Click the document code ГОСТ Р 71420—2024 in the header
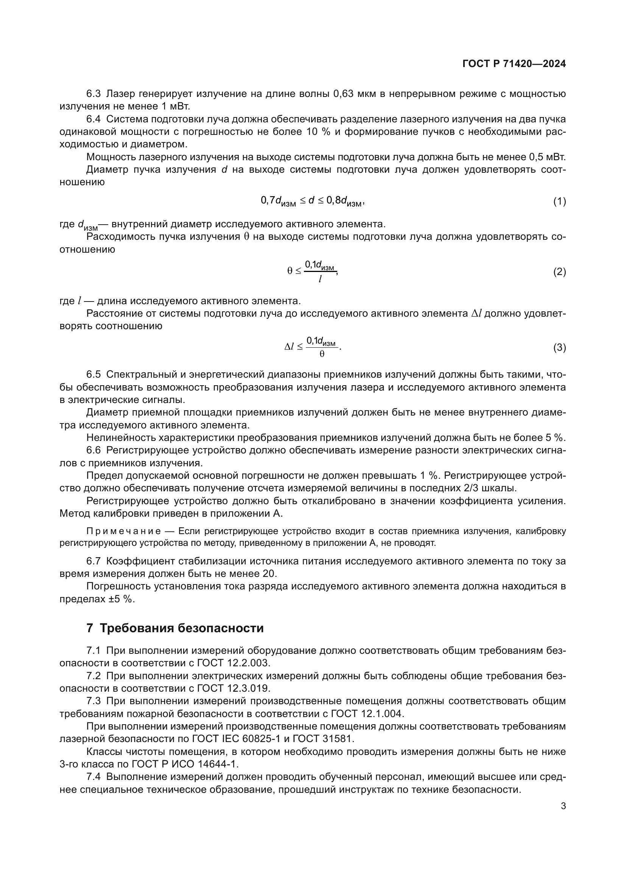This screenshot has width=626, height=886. click(514, 64)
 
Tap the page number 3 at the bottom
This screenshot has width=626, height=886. click(563, 806)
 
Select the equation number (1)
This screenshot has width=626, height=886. click(559, 201)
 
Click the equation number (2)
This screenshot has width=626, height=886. click(559, 272)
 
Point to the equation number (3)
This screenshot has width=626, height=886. click(559, 347)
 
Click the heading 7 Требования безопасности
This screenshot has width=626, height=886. click(175, 628)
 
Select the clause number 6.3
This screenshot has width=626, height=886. click(93, 94)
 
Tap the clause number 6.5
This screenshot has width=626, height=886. click(93, 374)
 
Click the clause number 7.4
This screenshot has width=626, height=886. click(93, 777)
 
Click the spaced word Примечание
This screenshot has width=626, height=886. click(124, 531)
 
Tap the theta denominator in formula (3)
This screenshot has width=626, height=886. click(322, 354)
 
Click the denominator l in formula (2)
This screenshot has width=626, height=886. click(320, 279)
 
